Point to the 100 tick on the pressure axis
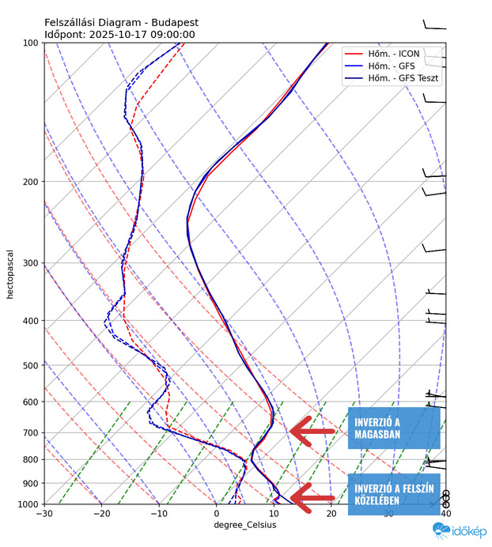(x=32, y=43)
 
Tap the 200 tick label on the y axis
(x=32, y=182)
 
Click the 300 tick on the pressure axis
(x=32, y=263)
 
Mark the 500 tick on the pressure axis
(x=32, y=365)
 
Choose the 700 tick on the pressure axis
(x=32, y=432)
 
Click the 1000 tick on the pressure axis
(x=29, y=504)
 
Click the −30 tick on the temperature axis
(x=44, y=514)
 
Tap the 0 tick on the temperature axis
(x=216, y=514)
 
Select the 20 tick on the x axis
(x=331, y=514)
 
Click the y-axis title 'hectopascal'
(x=10, y=273)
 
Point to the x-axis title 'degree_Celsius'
(x=244, y=525)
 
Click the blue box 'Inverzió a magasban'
(x=393, y=428)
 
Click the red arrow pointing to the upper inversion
(x=312, y=431)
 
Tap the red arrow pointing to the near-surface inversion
(x=312, y=496)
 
